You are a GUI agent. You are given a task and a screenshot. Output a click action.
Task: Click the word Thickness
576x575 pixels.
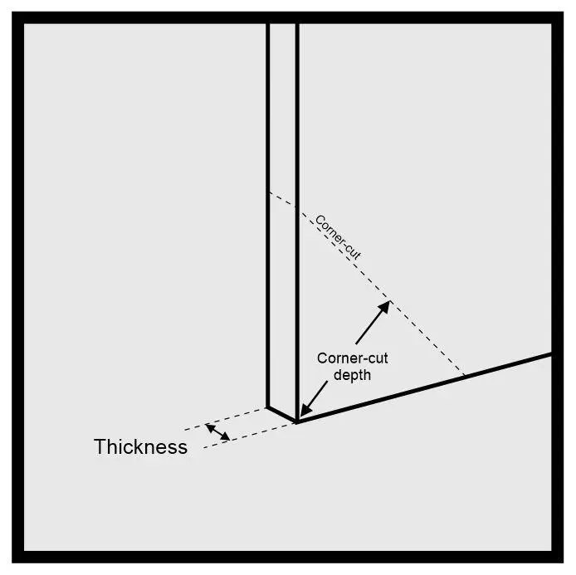pos(140,447)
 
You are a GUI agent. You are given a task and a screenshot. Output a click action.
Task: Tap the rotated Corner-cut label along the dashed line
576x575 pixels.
pos(338,238)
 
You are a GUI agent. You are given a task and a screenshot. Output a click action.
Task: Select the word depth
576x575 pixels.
pos(351,375)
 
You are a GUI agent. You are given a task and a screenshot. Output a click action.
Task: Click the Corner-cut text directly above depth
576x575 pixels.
pos(353,358)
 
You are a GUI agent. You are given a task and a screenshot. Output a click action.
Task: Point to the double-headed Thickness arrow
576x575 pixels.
pos(217,431)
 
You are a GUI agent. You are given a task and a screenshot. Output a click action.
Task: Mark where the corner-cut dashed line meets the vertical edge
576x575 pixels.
pos(268,193)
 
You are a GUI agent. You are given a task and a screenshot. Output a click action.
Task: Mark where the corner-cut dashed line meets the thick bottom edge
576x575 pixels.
pos(466,376)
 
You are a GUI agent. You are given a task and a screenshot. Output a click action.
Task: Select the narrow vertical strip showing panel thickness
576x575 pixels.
pos(282,207)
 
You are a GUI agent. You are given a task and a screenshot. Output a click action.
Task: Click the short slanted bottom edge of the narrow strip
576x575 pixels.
pos(281,414)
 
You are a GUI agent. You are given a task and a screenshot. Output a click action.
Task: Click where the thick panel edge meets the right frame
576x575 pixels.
pos(550,355)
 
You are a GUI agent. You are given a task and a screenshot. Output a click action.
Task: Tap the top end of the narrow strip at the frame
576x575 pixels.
pos(282,25)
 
